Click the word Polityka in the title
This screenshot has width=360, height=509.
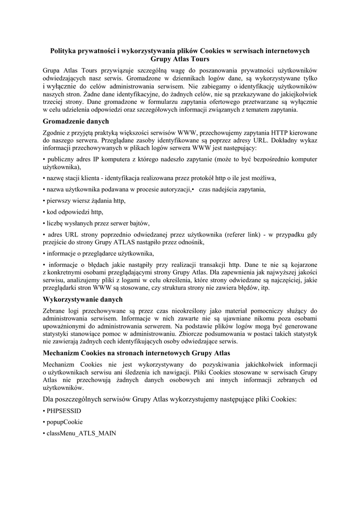67,51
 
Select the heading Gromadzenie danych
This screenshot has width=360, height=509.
76,121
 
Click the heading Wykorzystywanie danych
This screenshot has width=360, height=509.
83,300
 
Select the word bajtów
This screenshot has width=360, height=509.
137,223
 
